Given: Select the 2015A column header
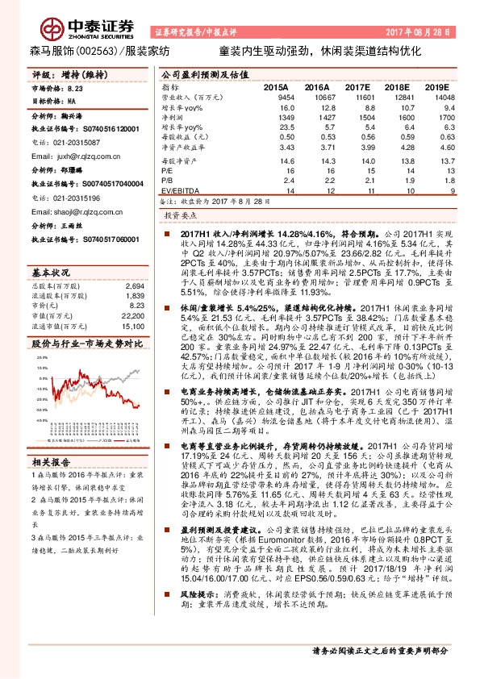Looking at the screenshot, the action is point(276,85).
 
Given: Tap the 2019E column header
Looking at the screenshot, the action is point(436,85).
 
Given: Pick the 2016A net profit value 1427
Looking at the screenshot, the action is point(315,117).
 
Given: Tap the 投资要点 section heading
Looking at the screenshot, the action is point(179,216).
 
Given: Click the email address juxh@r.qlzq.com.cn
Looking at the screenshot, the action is point(71,149).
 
